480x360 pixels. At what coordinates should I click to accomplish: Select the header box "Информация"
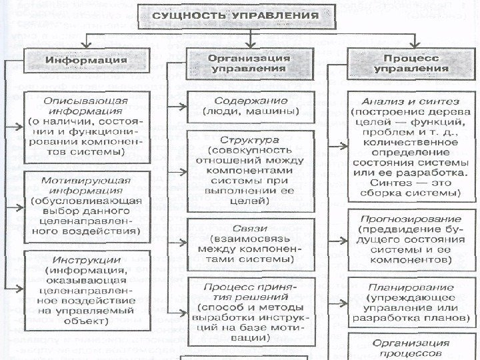(x=86, y=61)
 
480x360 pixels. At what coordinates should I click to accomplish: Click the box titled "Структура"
(x=251, y=171)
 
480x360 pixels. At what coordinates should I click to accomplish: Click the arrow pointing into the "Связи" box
(x=179, y=240)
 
